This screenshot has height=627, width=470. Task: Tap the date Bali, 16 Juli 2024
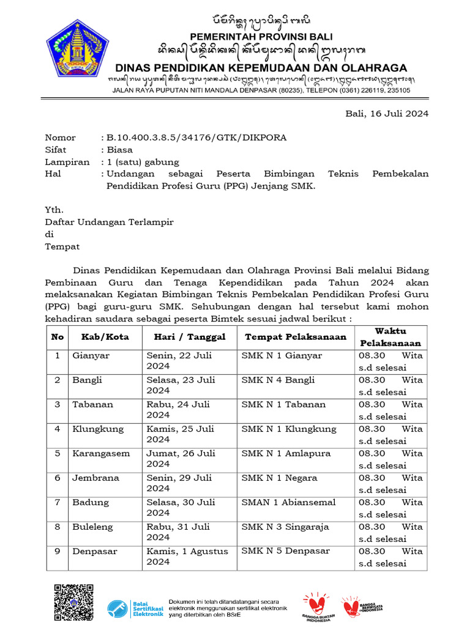pos(387,113)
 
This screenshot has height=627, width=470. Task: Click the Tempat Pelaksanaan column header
pos(296,337)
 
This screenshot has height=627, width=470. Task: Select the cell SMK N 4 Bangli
pos(278,380)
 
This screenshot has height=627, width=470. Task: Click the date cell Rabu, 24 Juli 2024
pos(178,410)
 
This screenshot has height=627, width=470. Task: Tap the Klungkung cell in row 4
pos(98,429)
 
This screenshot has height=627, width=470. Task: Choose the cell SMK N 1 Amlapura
pos(286,454)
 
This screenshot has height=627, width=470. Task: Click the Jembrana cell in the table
pos(95,478)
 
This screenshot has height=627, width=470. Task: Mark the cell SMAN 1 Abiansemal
pos(288,503)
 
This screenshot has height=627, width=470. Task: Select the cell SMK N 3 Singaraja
pos(285,527)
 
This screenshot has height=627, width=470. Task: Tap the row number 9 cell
pos(57,552)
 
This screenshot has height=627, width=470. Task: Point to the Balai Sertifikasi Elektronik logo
pos(135,608)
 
